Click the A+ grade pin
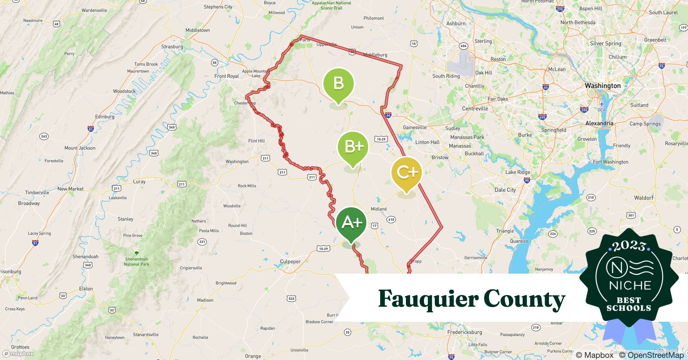point(351,223)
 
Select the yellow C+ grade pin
point(406,173)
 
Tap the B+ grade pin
point(353,147)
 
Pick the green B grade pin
point(339,84)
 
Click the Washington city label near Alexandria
point(603,86)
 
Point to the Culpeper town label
point(290,262)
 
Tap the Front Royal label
point(227,76)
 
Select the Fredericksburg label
point(464,332)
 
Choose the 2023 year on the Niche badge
point(629,246)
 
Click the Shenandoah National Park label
point(137,261)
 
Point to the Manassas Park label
point(467,137)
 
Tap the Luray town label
point(139,181)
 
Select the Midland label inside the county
point(379,209)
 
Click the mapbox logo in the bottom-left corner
point(18,354)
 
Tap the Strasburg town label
point(172,46)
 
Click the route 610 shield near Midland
point(391,219)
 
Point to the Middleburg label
point(375,55)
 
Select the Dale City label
point(505,190)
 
